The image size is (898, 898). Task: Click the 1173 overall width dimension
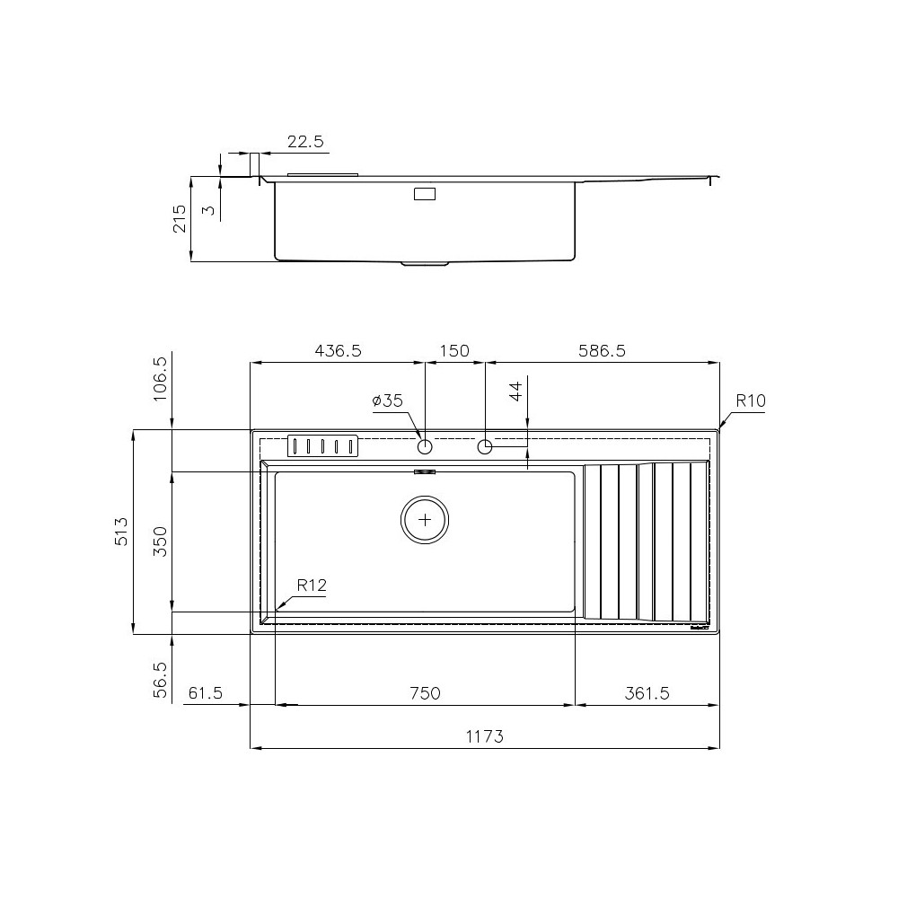pos(484,736)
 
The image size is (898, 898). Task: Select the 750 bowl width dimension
pos(425,693)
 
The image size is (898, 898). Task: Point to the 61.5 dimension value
pos(206,693)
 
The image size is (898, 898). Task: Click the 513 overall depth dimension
pos(122,532)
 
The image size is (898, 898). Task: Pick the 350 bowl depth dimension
pos(161,541)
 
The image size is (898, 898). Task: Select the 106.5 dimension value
pos(161,378)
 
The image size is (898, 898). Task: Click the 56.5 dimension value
pos(161,680)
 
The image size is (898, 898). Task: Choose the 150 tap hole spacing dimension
pos(454,351)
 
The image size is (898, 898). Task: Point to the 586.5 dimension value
pos(601,351)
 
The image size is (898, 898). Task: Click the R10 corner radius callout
pos(750,401)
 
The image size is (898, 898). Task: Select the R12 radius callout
pos(311,585)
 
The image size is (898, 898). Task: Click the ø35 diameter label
pos(388,401)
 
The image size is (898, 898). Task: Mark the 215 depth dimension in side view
pos(178,218)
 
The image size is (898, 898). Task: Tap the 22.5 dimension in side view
pos(305,142)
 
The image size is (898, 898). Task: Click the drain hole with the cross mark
pos(425,520)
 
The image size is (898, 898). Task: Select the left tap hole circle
pos(425,446)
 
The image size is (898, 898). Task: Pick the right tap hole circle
pos(485,446)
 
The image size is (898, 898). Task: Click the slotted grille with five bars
pos(321,446)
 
